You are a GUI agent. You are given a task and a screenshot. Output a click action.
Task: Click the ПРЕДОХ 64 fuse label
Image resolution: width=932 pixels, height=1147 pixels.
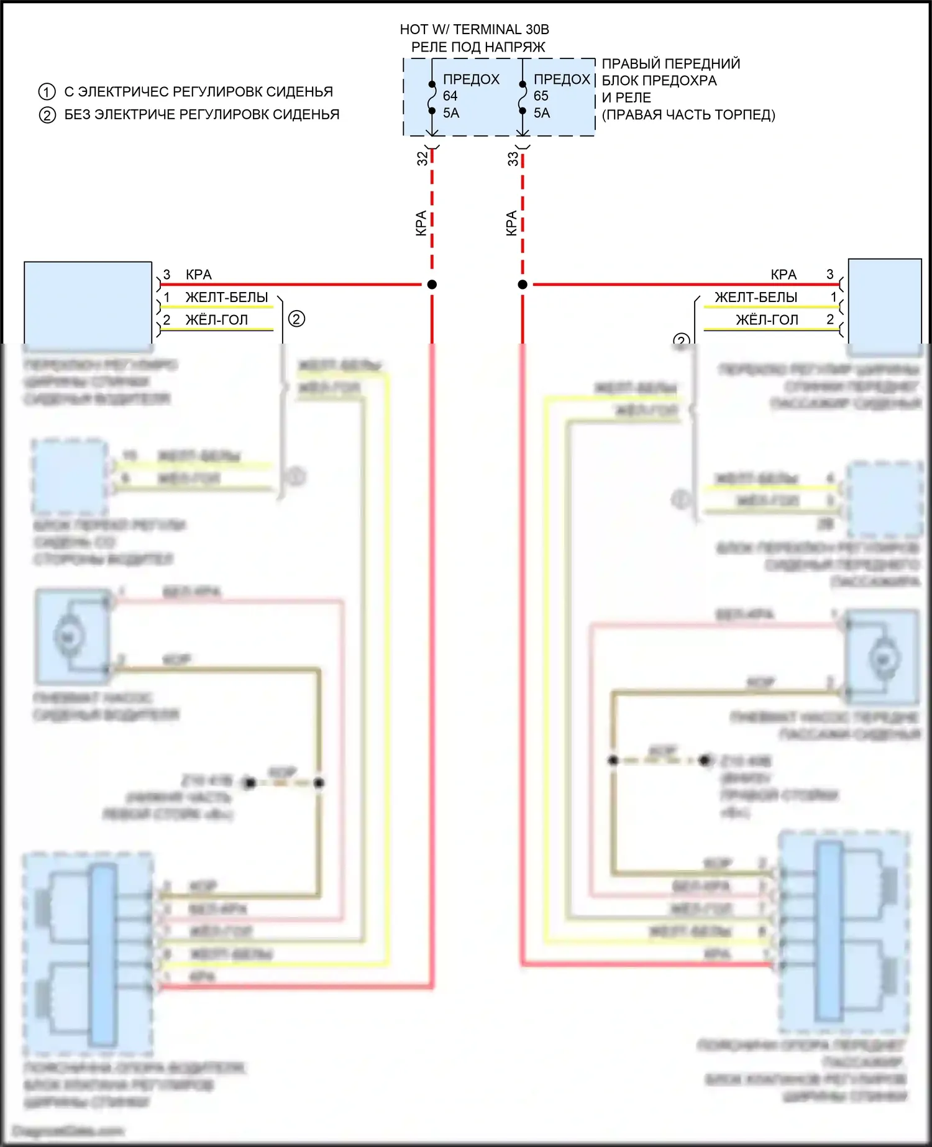[x=470, y=80]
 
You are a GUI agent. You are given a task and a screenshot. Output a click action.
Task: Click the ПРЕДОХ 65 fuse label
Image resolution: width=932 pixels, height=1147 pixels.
[x=561, y=80]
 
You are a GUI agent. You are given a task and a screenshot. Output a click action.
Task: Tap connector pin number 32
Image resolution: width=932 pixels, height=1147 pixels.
[x=423, y=158]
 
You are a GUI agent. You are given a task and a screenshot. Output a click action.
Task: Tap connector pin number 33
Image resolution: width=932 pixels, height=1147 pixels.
[x=513, y=158]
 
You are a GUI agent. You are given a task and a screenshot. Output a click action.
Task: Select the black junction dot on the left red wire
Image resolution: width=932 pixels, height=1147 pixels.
[x=432, y=285]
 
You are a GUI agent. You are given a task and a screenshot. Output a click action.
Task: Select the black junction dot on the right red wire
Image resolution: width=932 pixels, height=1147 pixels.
[x=523, y=285]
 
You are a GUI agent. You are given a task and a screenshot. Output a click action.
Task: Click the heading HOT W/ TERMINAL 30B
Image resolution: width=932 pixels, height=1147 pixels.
[x=474, y=29]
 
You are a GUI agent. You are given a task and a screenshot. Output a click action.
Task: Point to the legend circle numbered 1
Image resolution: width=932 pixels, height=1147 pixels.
[x=47, y=92]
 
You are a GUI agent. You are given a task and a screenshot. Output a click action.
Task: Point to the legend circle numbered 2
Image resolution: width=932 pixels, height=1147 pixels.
[x=47, y=115]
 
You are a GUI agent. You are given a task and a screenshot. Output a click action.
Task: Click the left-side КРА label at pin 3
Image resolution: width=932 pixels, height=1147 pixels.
[x=199, y=275]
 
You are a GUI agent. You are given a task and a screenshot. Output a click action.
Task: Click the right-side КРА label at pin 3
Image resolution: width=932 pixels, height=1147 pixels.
[x=783, y=275]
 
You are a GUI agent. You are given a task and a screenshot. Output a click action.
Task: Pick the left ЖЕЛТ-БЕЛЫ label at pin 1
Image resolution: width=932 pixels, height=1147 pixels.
[x=227, y=297]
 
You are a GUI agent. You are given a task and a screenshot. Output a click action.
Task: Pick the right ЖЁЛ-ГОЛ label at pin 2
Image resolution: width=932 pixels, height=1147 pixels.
[x=767, y=320]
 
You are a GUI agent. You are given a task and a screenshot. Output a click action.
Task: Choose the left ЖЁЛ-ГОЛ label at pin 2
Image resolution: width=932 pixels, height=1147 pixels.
[x=216, y=320]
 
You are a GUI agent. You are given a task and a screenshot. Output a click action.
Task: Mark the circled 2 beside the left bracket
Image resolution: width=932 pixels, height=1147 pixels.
[x=296, y=319]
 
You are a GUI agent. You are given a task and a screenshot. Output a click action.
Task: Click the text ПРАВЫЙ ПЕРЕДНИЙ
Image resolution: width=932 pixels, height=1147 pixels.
[x=671, y=63]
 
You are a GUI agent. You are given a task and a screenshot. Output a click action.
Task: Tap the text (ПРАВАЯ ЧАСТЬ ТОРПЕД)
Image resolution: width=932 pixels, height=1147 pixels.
[x=688, y=115]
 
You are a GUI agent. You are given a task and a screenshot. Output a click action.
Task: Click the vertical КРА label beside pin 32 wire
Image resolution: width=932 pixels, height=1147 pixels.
[x=421, y=223]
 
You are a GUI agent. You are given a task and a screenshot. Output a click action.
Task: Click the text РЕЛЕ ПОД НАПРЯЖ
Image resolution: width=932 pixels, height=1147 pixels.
[x=478, y=47]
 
